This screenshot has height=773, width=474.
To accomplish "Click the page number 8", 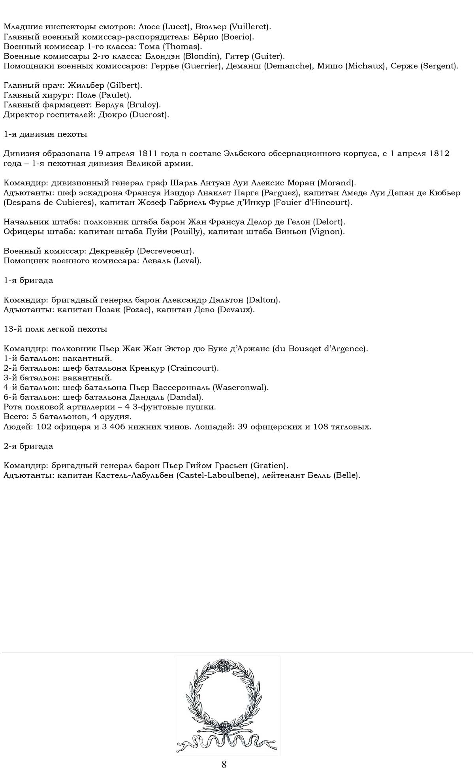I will [x=224, y=764].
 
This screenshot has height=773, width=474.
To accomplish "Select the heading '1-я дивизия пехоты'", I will [x=45, y=134].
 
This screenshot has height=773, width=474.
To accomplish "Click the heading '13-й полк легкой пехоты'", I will [x=55, y=329].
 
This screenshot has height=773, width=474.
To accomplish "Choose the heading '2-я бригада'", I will [x=28, y=446].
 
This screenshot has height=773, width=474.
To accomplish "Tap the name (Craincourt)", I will [x=193, y=368].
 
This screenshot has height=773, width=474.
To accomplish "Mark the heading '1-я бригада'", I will [x=28, y=280].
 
